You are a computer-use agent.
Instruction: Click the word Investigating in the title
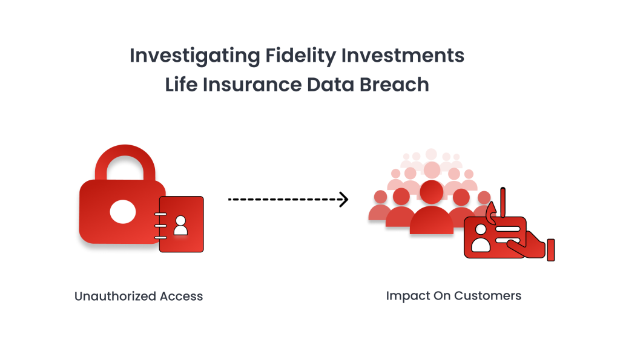[194, 56]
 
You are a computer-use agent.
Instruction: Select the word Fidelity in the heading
[300, 56]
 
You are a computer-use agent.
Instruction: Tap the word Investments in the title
[403, 55]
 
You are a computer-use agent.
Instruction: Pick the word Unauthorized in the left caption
[115, 296]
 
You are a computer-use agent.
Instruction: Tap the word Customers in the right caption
[487, 296]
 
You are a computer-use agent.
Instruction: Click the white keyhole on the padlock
[122, 212]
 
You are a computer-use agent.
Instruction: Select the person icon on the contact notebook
[180, 226]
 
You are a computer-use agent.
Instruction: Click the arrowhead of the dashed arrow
[344, 199]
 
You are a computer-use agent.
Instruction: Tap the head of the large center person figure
[431, 192]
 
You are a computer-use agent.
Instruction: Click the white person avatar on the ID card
[480, 238]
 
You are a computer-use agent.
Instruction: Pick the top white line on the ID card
[507, 229]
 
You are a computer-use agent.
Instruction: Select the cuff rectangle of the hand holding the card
[551, 250]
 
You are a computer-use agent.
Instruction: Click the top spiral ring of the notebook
[160, 214]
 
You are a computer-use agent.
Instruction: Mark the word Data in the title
[331, 85]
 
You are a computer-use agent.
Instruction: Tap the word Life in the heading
[181, 85]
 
